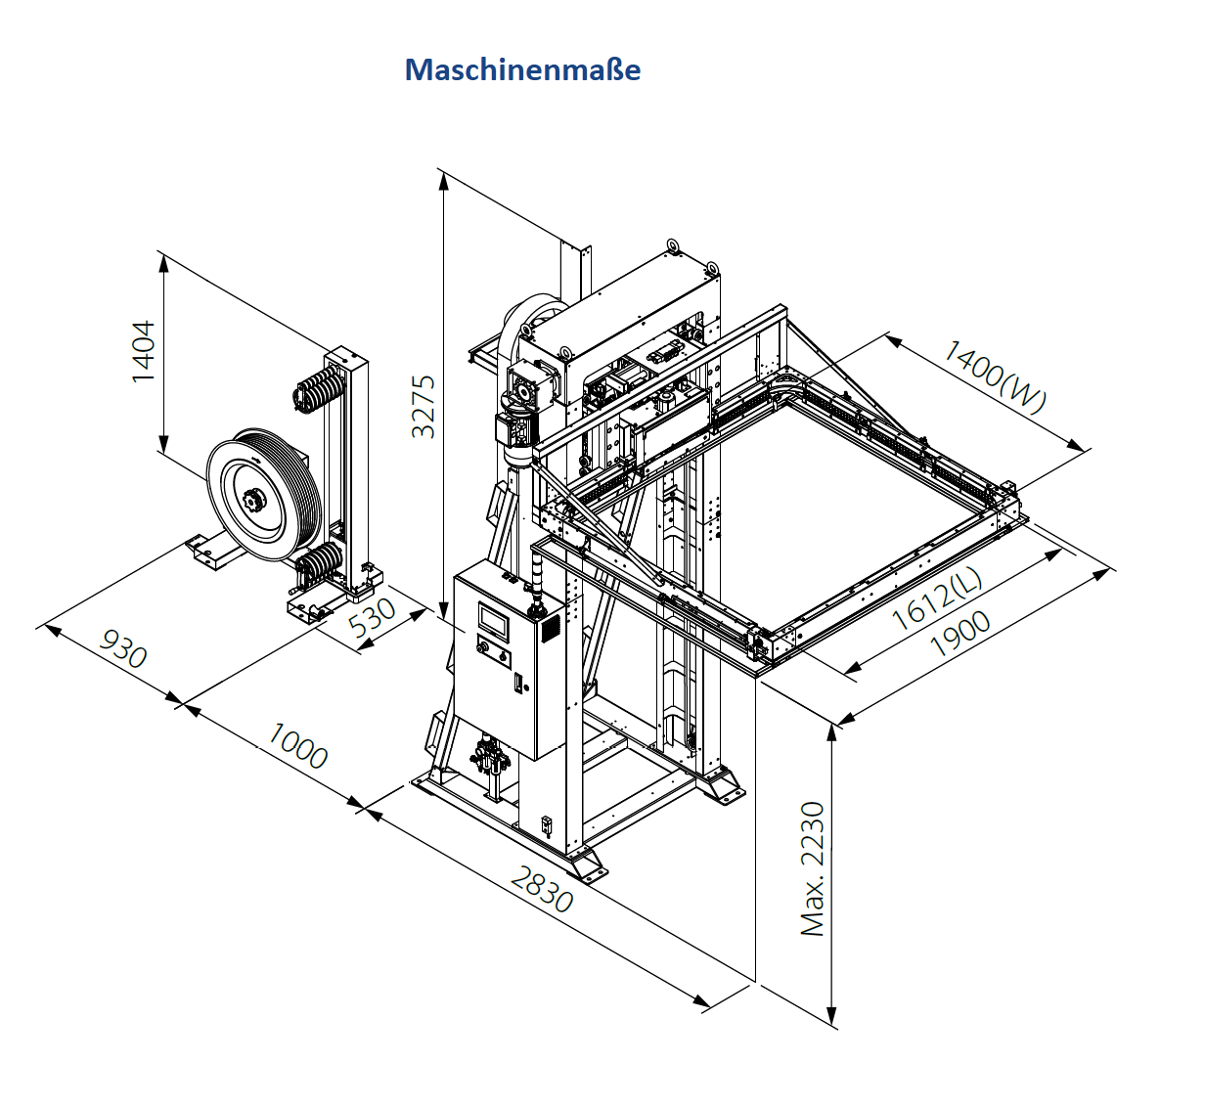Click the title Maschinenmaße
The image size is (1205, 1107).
pyautogui.click(x=522, y=69)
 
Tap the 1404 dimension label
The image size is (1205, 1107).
pyautogui.click(x=144, y=352)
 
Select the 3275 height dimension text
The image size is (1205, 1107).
pyautogui.click(x=423, y=407)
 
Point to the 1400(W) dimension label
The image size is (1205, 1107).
pyautogui.click(x=995, y=376)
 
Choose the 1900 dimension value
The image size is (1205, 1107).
pyautogui.click(x=960, y=633)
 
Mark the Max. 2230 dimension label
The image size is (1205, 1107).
pyautogui.click(x=813, y=868)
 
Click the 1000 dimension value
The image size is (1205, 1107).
pyautogui.click(x=297, y=745)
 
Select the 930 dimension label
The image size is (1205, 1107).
pyautogui.click(x=122, y=648)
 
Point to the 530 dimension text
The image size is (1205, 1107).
pyautogui.click(x=373, y=618)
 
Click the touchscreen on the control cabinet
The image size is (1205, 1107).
pyautogui.click(x=493, y=618)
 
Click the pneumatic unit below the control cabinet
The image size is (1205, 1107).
pyautogui.click(x=490, y=761)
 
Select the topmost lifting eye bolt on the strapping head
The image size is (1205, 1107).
pyautogui.click(x=672, y=245)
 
